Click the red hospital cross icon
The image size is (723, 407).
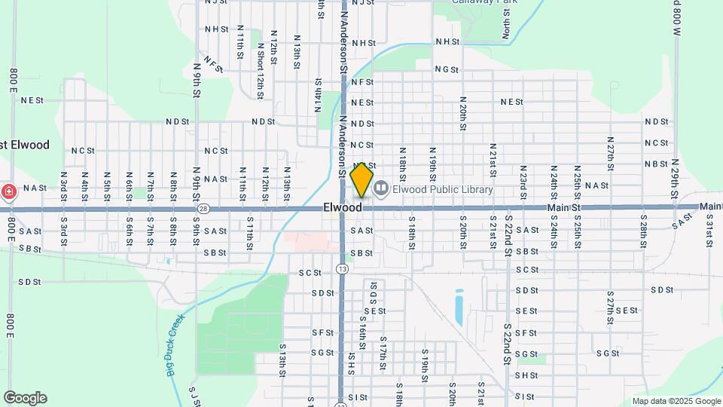(x=8, y=192)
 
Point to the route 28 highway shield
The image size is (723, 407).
(x=203, y=208)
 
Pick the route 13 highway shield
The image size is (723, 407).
(x=343, y=268)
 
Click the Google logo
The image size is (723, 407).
(x=25, y=398)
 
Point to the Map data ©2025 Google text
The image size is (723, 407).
(x=676, y=402)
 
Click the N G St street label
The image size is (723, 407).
(x=447, y=69)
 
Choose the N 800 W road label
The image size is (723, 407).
(x=677, y=19)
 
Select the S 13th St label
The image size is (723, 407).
(x=282, y=360)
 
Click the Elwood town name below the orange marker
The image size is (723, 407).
(x=343, y=207)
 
